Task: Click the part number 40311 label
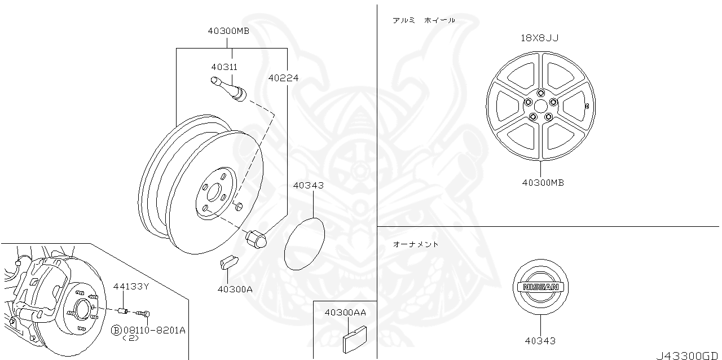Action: coord(224,67)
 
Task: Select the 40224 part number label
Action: coord(283,78)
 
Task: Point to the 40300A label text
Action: coord(235,289)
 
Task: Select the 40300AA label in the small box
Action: coord(345,312)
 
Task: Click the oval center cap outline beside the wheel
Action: coord(305,243)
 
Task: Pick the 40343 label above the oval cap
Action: coord(309,185)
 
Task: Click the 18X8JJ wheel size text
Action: coord(540,38)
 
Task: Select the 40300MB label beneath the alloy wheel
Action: coord(543,183)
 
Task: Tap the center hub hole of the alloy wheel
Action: coord(540,105)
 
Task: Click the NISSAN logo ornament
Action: coord(540,287)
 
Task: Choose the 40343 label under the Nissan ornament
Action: coord(540,341)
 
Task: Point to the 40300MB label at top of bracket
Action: coord(228,31)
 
